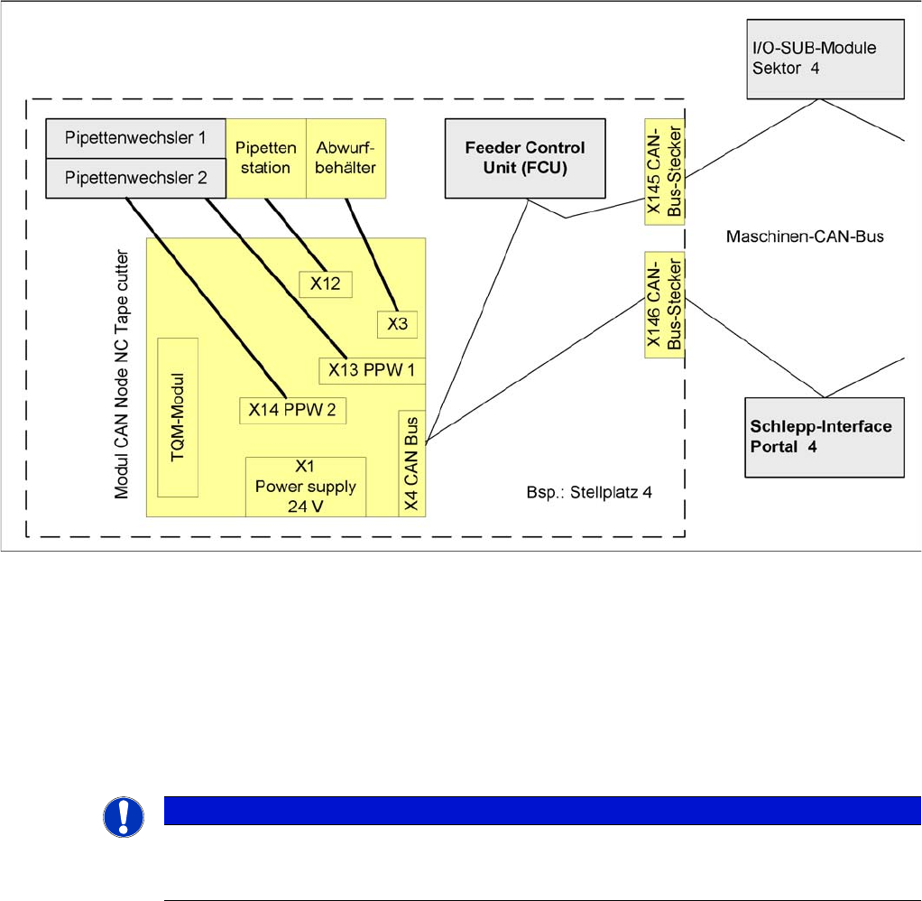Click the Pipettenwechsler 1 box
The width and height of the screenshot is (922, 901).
click(135, 138)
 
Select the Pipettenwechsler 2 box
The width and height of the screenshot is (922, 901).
click(135, 178)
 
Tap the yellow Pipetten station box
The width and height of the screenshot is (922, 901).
click(265, 157)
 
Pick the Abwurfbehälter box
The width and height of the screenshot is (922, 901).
click(346, 157)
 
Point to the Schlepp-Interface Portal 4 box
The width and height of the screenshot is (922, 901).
click(825, 436)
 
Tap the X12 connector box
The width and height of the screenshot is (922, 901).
click(326, 283)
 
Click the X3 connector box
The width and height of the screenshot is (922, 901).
click(397, 325)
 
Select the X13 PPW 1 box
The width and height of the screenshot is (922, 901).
click(372, 370)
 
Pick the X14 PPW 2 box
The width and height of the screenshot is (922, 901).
click(293, 410)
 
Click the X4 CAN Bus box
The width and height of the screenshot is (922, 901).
click(411, 462)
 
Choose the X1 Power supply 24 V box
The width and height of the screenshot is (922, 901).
click(306, 486)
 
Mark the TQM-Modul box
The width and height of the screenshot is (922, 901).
click(178, 416)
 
